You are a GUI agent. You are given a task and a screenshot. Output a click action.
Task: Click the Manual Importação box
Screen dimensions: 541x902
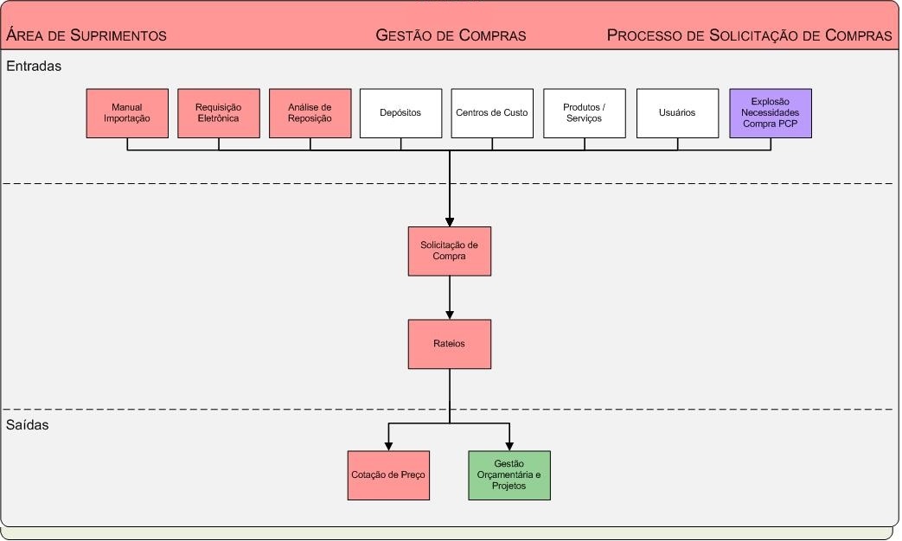(127, 113)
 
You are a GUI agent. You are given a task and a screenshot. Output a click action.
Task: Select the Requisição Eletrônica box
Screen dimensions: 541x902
(219, 113)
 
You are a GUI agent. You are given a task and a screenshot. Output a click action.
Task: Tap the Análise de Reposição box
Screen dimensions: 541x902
(310, 113)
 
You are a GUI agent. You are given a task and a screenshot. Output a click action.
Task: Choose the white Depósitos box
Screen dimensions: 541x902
(400, 113)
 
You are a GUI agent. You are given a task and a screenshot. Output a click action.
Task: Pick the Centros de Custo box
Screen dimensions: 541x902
(492, 113)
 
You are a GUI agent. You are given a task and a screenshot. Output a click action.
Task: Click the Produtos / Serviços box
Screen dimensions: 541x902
(585, 113)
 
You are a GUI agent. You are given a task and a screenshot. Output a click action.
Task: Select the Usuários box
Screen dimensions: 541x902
(677, 113)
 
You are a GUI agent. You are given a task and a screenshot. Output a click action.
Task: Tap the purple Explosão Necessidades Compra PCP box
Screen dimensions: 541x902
(771, 113)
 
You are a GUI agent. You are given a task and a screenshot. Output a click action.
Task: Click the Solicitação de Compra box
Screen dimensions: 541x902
(450, 251)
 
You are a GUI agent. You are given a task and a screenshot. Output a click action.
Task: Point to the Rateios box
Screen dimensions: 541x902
(450, 344)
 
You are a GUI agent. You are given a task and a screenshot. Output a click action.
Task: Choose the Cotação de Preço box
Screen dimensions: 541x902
(388, 475)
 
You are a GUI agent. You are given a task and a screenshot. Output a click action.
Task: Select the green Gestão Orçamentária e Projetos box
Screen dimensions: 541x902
(509, 475)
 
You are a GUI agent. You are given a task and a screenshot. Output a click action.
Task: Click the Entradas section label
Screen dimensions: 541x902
(34, 66)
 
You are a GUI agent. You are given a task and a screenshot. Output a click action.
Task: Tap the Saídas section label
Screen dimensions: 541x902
(28, 425)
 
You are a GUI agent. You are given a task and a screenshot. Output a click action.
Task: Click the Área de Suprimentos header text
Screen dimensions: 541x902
(86, 35)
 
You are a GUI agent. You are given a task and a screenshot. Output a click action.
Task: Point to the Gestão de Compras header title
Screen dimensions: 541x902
(451, 35)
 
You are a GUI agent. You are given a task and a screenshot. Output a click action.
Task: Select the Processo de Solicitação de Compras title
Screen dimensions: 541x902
(749, 35)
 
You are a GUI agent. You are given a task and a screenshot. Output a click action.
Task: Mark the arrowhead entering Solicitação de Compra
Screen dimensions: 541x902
(450, 221)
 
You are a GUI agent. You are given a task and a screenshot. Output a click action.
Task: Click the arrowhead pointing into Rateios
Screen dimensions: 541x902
(450, 315)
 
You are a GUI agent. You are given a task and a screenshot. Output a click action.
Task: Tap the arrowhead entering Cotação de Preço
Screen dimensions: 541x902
(388, 446)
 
